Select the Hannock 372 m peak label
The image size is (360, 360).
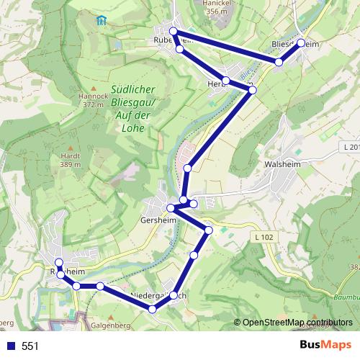(94, 99)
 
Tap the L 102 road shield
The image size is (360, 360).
(264, 237)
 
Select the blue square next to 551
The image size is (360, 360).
(11, 346)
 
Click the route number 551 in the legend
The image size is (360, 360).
(30, 346)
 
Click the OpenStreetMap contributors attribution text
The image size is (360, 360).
(297, 323)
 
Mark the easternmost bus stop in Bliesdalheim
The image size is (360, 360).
(300, 42)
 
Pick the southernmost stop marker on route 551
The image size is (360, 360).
(152, 309)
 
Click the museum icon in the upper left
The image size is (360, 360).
(101, 19)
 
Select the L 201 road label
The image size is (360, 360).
(351, 147)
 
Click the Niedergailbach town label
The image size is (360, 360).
(160, 296)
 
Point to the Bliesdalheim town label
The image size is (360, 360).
(295, 45)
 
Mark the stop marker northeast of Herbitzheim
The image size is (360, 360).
(252, 89)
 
